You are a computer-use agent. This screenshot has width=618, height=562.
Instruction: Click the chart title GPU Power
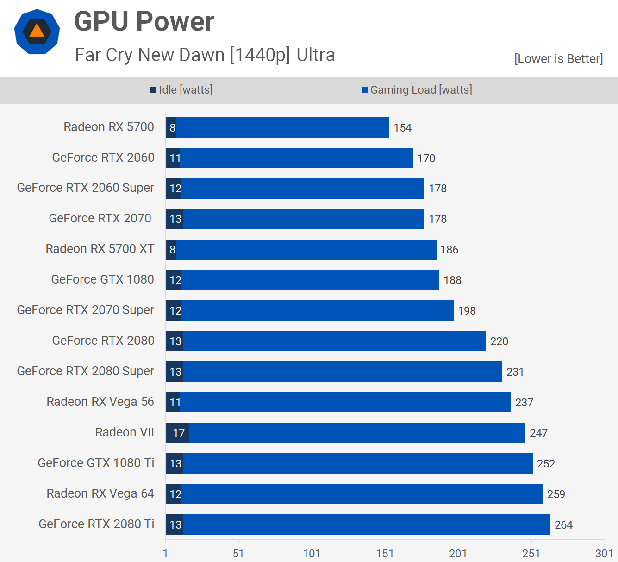pyautogui.click(x=144, y=21)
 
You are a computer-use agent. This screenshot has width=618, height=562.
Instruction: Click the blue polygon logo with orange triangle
pyautogui.click(x=37, y=32)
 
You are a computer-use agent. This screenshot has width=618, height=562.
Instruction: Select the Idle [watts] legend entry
pyautogui.click(x=181, y=90)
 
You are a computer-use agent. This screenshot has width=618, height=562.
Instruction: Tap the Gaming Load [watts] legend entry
pyautogui.click(x=417, y=90)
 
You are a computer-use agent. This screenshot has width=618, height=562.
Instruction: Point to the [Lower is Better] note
pyautogui.click(x=558, y=59)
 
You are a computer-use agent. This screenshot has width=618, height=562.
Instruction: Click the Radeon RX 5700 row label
pyautogui.click(x=109, y=127)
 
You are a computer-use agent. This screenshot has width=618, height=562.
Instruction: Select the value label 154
pyautogui.click(x=402, y=128)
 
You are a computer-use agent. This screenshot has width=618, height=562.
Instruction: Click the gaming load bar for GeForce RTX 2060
pyautogui.click(x=296, y=158)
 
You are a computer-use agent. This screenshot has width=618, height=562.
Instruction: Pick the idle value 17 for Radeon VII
pyautogui.click(x=179, y=433)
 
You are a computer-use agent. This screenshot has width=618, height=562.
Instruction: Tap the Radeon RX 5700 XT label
pyautogui.click(x=100, y=249)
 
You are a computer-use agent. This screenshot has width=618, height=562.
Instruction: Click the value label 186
pyautogui.click(x=449, y=250)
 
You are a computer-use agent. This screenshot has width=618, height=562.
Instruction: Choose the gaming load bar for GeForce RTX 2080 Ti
pyautogui.click(x=366, y=524)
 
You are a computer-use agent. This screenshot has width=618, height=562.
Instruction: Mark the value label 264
pyautogui.click(x=563, y=525)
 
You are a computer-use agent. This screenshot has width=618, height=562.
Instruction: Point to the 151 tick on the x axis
pyautogui.click(x=385, y=553)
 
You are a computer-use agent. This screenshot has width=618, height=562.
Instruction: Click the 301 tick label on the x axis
pyautogui.click(x=604, y=553)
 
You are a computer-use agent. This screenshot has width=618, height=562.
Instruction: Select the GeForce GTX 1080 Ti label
pyautogui.click(x=96, y=463)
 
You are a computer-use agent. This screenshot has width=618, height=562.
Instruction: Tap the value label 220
pyautogui.click(x=499, y=341)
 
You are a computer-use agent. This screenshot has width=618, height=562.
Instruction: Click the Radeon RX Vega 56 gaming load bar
pyautogui.click(x=345, y=402)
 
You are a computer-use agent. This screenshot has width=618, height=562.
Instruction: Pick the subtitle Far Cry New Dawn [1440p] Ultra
pyautogui.click(x=205, y=55)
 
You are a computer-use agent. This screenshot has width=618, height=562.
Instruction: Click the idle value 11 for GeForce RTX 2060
pyautogui.click(x=175, y=158)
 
